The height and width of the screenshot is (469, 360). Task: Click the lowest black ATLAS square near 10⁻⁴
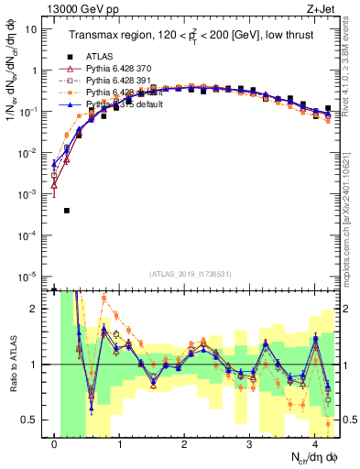67,211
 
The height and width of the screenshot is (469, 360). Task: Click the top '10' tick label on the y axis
30,28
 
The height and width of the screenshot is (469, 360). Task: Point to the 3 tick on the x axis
249,443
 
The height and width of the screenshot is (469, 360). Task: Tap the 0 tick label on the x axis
55,443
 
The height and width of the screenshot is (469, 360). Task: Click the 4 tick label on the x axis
313,443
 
